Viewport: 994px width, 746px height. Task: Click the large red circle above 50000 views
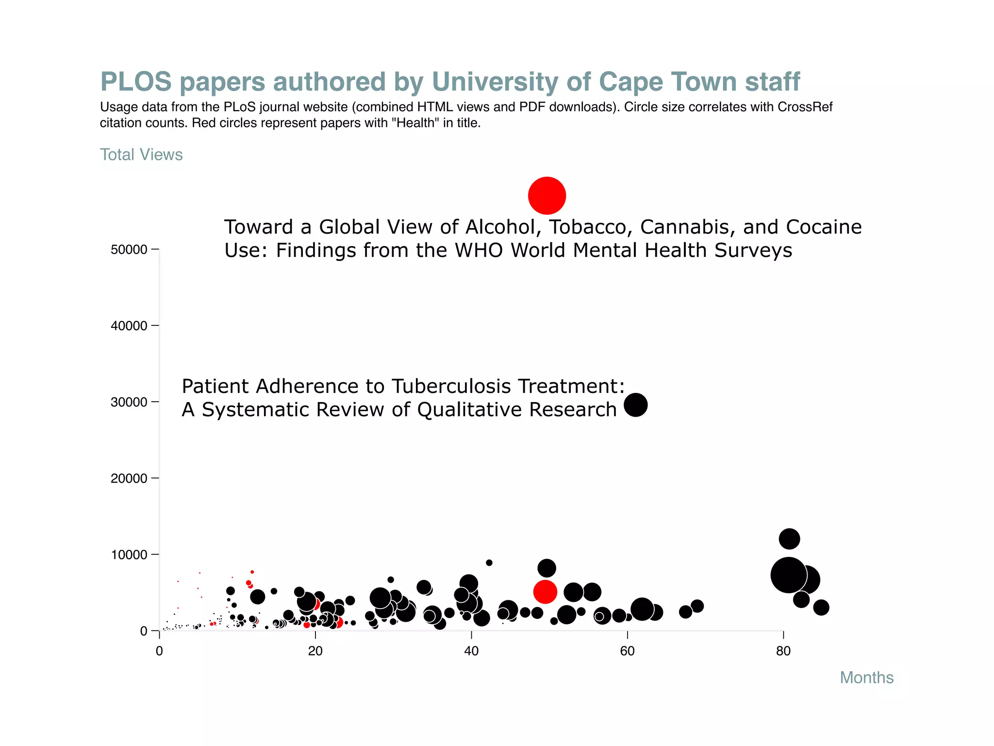click(547, 196)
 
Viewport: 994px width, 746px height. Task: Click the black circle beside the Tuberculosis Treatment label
click(635, 405)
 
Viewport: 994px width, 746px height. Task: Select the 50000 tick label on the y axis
click(129, 250)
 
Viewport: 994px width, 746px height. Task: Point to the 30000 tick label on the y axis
click(129, 402)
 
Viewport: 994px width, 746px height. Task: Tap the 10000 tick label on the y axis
click(129, 555)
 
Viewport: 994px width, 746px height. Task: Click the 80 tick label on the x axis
click(783, 651)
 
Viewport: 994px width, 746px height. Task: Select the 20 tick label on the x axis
click(315, 651)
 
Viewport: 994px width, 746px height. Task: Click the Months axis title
click(866, 678)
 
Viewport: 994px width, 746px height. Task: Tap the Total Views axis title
click(141, 154)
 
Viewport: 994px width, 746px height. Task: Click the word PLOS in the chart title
click(136, 82)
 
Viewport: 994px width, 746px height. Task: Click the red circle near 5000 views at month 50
click(545, 592)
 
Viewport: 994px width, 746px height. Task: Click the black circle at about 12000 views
click(789, 539)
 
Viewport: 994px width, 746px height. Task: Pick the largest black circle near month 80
click(788, 575)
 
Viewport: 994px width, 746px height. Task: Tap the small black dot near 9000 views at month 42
click(489, 563)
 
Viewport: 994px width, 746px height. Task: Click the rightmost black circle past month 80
click(821, 607)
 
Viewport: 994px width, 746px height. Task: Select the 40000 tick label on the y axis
click(129, 326)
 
